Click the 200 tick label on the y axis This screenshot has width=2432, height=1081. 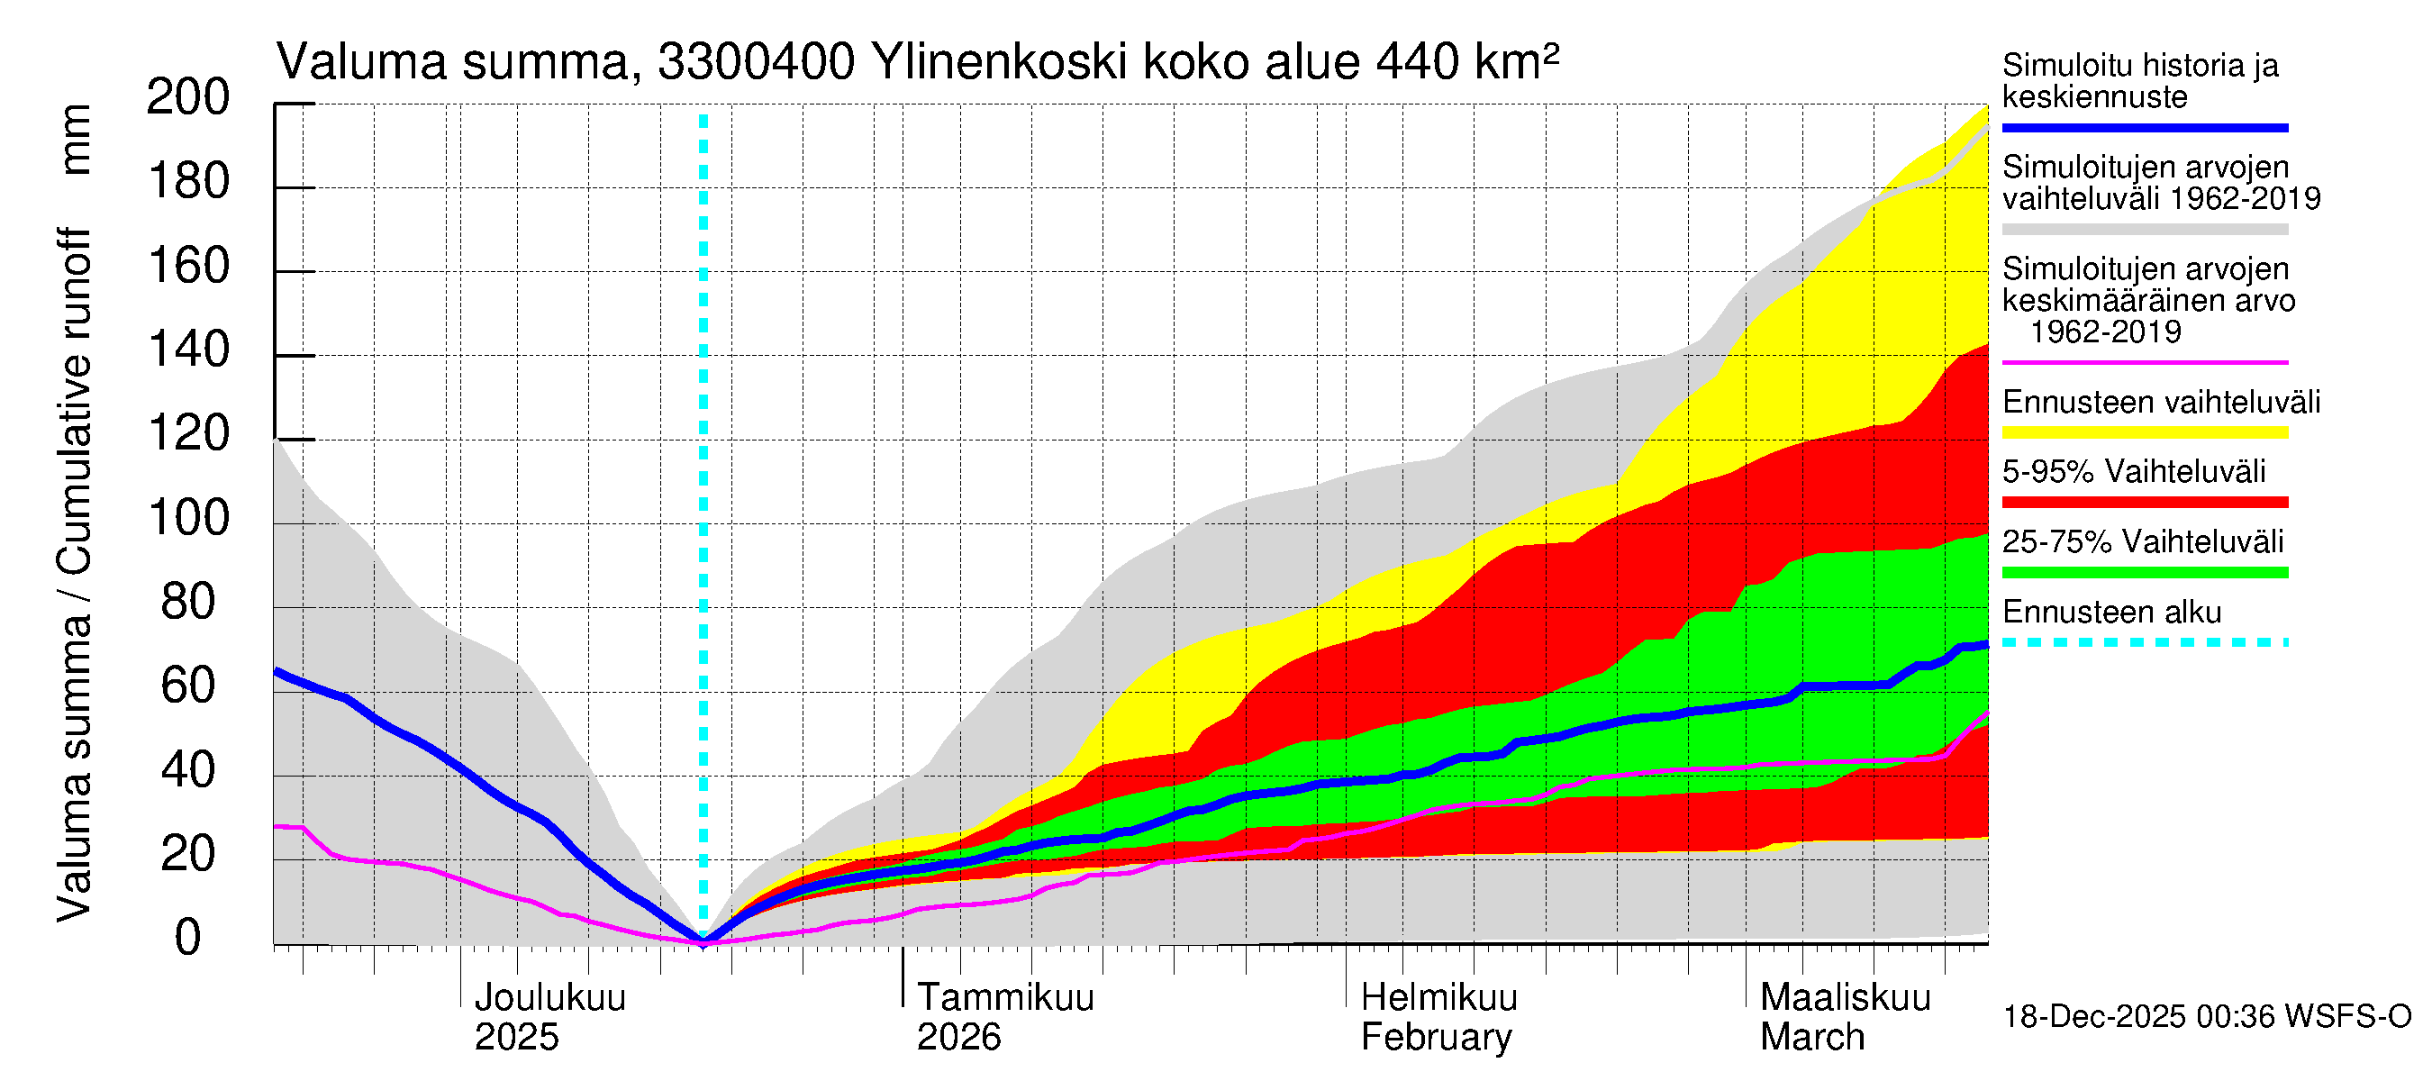click(188, 97)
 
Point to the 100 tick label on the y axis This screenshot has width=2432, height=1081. click(188, 518)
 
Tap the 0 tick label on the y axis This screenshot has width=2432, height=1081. click(188, 939)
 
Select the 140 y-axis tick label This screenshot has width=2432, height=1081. click(188, 350)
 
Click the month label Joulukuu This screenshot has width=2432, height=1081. click(549, 998)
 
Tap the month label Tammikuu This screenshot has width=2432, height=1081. click(1005, 998)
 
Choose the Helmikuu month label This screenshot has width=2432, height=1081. click(1438, 998)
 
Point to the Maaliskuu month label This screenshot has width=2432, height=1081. click(1845, 998)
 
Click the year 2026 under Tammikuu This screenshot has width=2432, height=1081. click(958, 1038)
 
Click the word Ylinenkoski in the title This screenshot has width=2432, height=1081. click(999, 62)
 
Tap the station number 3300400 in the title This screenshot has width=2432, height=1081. click(757, 62)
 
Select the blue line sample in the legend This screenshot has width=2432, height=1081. click(2144, 127)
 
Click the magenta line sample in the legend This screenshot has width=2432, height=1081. click(2144, 362)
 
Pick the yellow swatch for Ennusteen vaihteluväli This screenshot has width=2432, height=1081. click(2144, 432)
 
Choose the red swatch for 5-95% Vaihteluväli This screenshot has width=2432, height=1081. click(2144, 503)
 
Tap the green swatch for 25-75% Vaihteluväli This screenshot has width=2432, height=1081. click(2144, 572)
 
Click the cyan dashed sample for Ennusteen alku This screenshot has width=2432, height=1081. click(2144, 642)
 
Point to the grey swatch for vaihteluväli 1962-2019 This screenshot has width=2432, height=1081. click(2144, 230)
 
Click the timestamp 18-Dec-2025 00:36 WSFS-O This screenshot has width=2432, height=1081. click(2206, 1017)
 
